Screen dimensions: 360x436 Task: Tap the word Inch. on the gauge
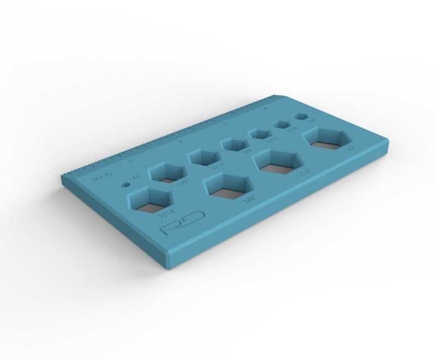tap(102, 177)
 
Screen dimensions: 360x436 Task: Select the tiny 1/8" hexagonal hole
tap(126, 185)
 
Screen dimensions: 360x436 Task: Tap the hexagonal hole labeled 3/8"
tap(234, 144)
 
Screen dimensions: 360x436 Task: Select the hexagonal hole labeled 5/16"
tap(259, 133)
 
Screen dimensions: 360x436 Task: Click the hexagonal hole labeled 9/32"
tap(282, 124)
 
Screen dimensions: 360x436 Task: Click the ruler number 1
tap(130, 160)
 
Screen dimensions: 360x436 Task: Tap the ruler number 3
tap(225, 124)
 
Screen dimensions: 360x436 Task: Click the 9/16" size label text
tap(165, 216)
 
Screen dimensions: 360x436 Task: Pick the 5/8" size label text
tap(250, 200)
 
